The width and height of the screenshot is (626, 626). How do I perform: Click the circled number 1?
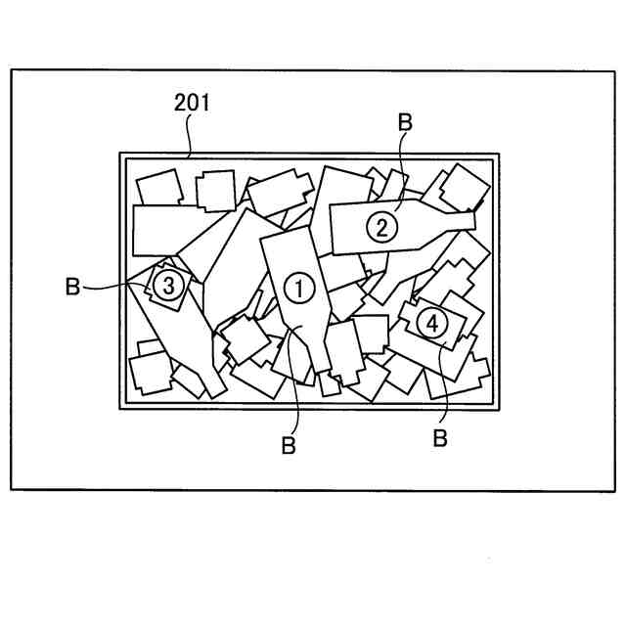click(x=298, y=287)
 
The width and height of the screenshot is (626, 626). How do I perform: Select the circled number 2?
click(x=382, y=227)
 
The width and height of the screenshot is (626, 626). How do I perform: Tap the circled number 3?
click(x=168, y=286)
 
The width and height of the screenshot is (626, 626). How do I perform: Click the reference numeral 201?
click(x=192, y=103)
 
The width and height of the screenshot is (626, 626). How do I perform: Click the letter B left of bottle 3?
click(x=72, y=287)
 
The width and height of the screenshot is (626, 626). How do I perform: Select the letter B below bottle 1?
click(x=289, y=446)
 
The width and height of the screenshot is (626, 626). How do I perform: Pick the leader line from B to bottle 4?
click(x=439, y=386)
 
